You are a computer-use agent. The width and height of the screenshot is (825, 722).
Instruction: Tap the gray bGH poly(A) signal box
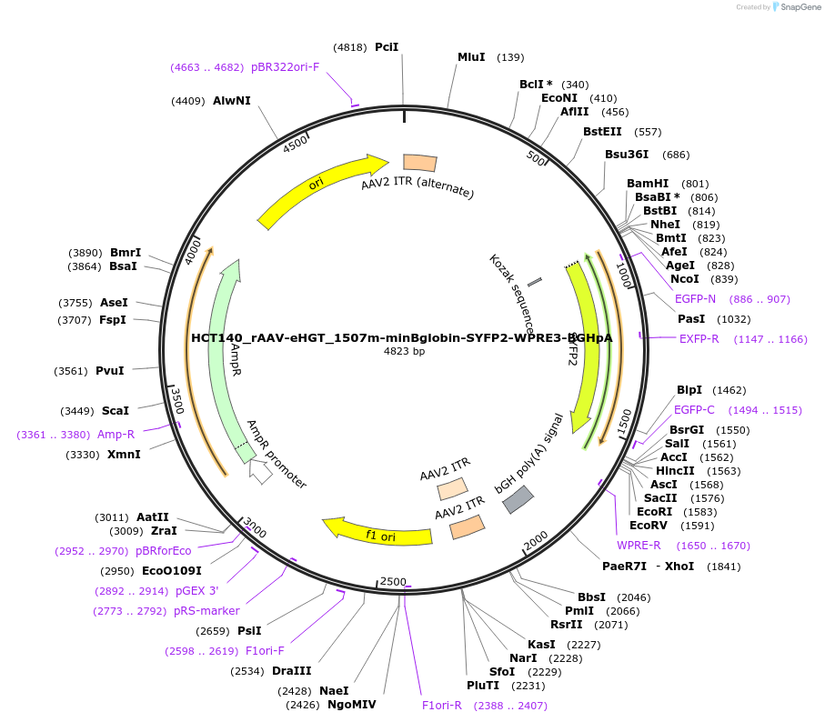click(518, 498)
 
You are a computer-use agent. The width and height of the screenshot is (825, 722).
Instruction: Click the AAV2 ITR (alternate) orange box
click(419, 163)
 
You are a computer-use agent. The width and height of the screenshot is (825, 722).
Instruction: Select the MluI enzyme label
click(471, 57)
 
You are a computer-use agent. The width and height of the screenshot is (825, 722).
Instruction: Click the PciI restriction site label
click(387, 46)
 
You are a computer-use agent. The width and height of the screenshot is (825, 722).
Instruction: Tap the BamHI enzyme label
click(648, 184)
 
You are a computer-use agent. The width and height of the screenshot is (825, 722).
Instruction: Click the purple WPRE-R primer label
click(639, 546)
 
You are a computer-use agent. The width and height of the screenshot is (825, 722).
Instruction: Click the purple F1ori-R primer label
click(442, 705)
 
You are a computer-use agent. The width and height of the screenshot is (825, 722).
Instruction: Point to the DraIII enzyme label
click(292, 671)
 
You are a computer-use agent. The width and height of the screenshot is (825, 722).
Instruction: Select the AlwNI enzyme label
click(232, 100)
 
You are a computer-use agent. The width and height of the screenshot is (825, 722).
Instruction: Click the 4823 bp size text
click(404, 351)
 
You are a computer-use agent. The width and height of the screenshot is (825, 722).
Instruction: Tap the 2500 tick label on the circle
click(393, 581)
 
